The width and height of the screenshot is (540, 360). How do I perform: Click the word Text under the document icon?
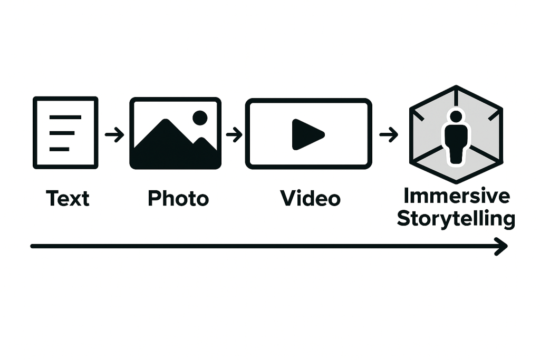click(68, 198)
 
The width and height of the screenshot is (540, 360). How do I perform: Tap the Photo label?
click(178, 198)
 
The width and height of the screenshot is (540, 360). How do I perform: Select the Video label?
click(310, 198)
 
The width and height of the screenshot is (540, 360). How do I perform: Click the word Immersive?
click(456, 196)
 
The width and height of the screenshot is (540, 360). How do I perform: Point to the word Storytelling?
click(456, 219)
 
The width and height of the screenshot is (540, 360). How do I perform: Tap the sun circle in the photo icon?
click(200, 118)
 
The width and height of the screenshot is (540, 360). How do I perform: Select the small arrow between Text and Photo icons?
click(114, 134)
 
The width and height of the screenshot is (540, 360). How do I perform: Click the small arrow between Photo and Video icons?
click(234, 134)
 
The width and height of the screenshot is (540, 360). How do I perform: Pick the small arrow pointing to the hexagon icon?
click(389, 134)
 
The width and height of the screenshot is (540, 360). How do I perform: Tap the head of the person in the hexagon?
click(456, 116)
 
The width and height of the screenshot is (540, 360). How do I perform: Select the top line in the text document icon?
click(65, 118)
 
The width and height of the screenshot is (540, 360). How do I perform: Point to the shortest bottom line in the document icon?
click(59, 149)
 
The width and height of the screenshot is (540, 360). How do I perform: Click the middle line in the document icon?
click(62, 133)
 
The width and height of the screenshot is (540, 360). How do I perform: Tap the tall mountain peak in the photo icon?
click(166, 121)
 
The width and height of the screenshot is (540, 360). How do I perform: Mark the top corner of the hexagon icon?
click(456, 86)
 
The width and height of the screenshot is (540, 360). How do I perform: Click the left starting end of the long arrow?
click(32, 246)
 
